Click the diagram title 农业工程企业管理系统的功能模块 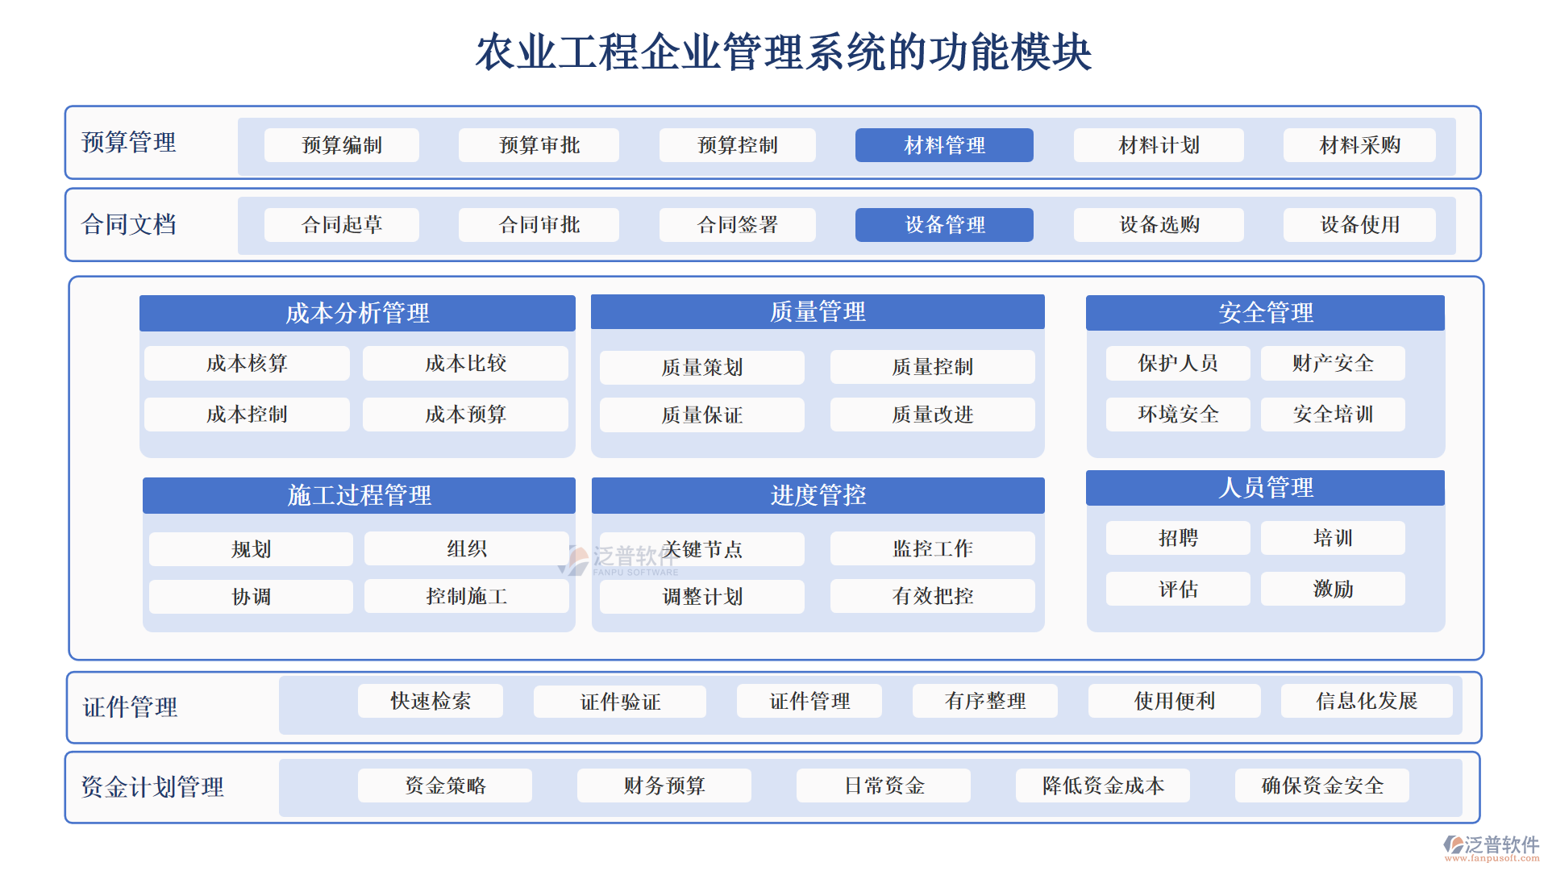click(x=783, y=52)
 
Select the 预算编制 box click(x=342, y=145)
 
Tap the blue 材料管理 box click(x=944, y=145)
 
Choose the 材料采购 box click(x=1359, y=145)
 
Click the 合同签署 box click(x=737, y=225)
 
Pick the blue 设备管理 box click(x=944, y=225)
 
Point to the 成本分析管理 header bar click(x=357, y=313)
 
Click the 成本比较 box click(x=465, y=364)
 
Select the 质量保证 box click(x=701, y=415)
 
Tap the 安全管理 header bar click(x=1265, y=313)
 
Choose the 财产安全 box click(x=1333, y=364)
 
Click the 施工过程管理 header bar click(x=359, y=495)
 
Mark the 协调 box click(x=251, y=597)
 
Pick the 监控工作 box click(x=932, y=549)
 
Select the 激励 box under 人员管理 click(x=1333, y=589)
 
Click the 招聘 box click(x=1178, y=538)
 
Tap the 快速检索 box click(x=431, y=701)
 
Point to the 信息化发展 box click(x=1367, y=701)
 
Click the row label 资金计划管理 click(x=152, y=787)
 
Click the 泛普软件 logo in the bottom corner click(x=1491, y=846)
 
